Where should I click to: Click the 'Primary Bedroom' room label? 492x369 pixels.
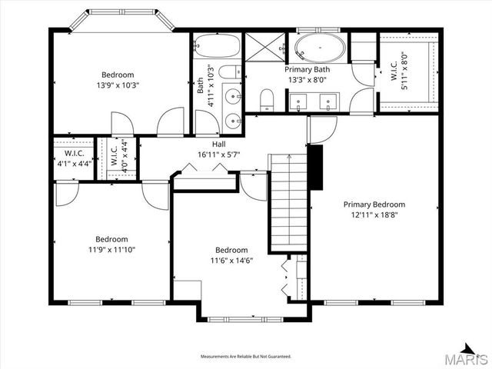(374, 204)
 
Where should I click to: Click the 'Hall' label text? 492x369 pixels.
(219, 145)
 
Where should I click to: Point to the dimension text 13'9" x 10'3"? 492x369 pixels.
(118, 86)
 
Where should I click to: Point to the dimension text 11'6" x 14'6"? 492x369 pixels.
(231, 261)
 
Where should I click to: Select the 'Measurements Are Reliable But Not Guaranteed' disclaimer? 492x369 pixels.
(245, 357)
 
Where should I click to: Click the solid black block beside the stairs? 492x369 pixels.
(314, 165)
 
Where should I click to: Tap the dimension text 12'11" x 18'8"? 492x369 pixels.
(374, 214)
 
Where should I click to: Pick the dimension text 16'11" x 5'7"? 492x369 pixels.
(219, 155)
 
